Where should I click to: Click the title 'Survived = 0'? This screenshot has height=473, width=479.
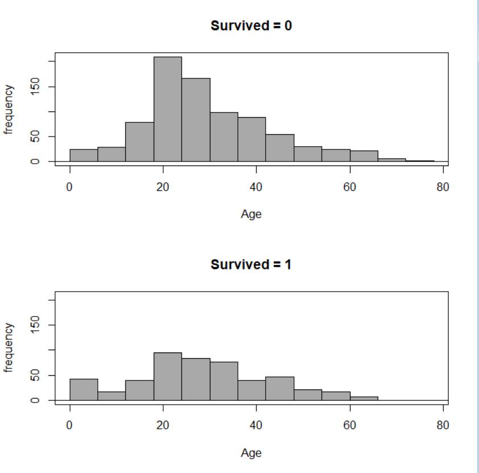tap(251, 26)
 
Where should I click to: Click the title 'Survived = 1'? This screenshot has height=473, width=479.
tap(251, 265)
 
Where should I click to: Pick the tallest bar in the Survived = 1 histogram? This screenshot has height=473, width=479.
tap(168, 376)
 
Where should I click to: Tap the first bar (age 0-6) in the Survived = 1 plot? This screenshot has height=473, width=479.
tap(84, 389)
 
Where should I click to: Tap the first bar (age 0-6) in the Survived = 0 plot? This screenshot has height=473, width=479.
tap(84, 155)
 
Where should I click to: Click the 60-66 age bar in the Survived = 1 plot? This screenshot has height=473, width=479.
tap(364, 398)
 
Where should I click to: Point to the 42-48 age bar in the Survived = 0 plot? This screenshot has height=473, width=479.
tap(280, 148)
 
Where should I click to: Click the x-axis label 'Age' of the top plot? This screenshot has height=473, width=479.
tap(251, 214)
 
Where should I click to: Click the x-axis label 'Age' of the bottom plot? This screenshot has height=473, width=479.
tap(251, 453)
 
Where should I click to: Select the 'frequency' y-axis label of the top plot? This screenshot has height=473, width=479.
tap(9, 109)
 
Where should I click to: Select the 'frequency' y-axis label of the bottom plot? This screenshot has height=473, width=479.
tap(9, 347)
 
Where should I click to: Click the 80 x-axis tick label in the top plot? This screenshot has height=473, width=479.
tap(443, 188)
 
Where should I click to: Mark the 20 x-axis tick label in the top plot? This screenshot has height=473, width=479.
tap(163, 188)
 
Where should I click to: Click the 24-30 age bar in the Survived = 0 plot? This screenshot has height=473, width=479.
tap(196, 119)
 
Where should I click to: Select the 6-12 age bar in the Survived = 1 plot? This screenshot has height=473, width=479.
tap(112, 396)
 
